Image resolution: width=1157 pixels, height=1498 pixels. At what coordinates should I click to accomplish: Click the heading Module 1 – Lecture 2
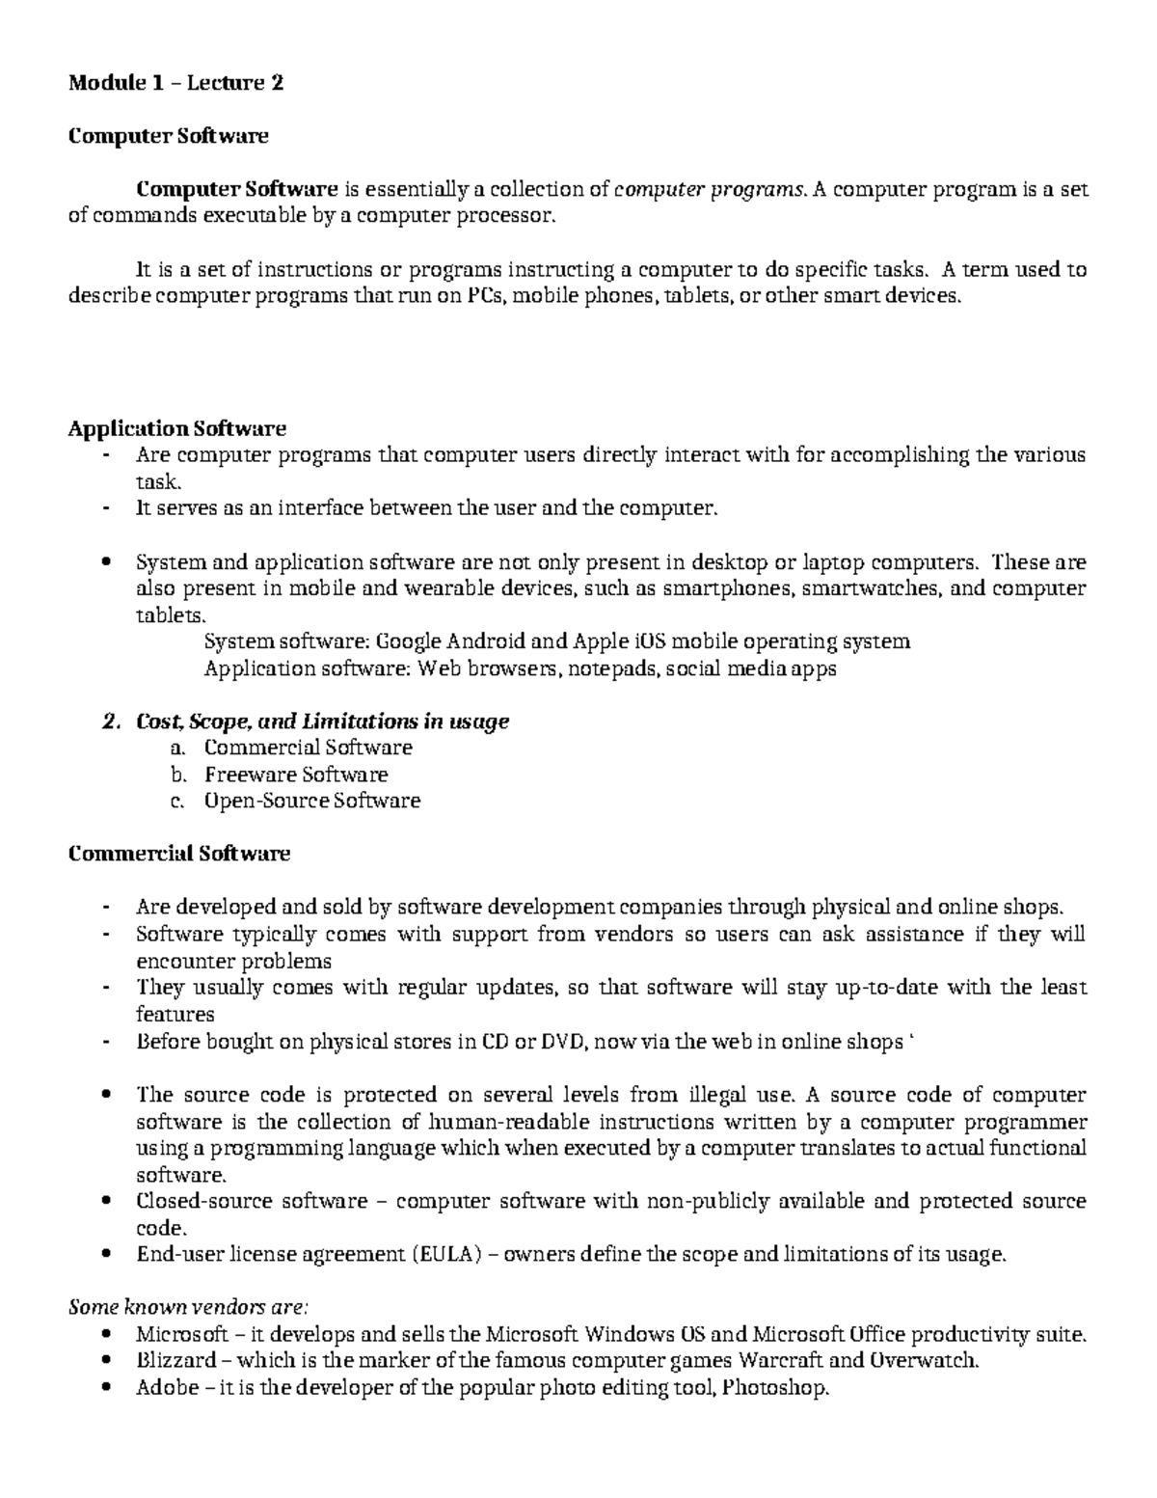click(x=175, y=83)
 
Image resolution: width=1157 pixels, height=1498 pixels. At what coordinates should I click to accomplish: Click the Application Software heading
click(x=176, y=427)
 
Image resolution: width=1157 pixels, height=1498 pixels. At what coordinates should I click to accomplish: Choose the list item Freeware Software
click(x=296, y=775)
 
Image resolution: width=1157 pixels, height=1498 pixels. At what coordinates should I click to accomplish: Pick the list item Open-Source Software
click(x=311, y=801)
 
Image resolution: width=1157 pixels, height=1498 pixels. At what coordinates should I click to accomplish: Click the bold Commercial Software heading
click(x=179, y=854)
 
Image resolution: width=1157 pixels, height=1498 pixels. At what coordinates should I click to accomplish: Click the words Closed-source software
click(x=252, y=1202)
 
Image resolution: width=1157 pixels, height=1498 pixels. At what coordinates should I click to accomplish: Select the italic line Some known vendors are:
click(x=188, y=1308)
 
